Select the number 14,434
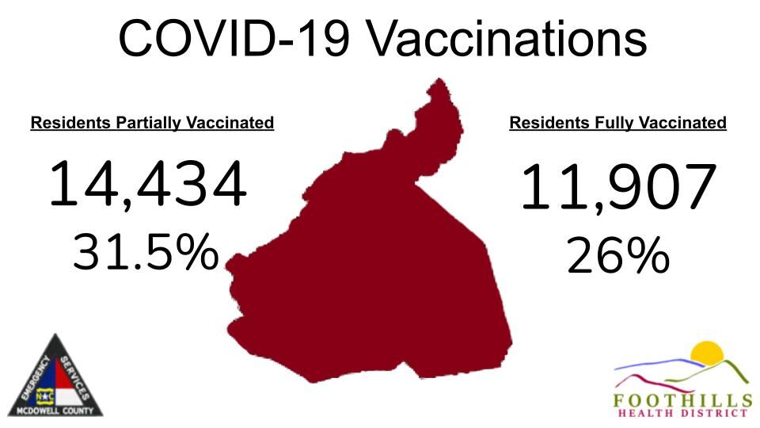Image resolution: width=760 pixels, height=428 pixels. click(148, 185)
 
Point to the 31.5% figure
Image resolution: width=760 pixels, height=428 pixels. click(146, 252)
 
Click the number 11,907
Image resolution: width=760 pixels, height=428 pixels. click(618, 188)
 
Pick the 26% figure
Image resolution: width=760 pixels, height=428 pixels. click(618, 258)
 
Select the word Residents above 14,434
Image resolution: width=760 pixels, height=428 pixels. click(70, 123)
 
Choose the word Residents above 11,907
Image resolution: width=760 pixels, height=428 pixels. click(549, 123)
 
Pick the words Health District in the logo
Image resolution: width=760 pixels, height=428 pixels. click(682, 413)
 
